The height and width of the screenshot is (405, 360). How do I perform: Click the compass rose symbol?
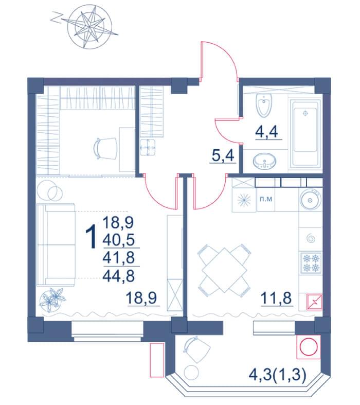pos(89,27)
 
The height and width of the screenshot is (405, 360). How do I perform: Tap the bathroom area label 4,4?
pos(266,132)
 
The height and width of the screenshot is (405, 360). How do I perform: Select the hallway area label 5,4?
pos(223,156)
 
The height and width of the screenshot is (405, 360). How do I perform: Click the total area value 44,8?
pos(118,276)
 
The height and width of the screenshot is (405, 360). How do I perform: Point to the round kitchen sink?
pos(311,200)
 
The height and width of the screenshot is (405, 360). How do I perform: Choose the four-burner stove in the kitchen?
pos(311,262)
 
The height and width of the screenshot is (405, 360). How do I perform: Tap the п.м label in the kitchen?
pos(266,199)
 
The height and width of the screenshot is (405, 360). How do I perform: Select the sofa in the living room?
pos(56,244)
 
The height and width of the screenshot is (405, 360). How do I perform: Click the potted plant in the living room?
pos(52,300)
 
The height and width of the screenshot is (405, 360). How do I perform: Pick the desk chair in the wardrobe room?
pos(105,148)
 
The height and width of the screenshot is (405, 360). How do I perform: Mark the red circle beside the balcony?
pos(309,347)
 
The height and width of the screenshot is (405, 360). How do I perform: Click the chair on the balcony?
pos(196,350)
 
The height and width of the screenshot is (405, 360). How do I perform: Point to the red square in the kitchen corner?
pos(314,302)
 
